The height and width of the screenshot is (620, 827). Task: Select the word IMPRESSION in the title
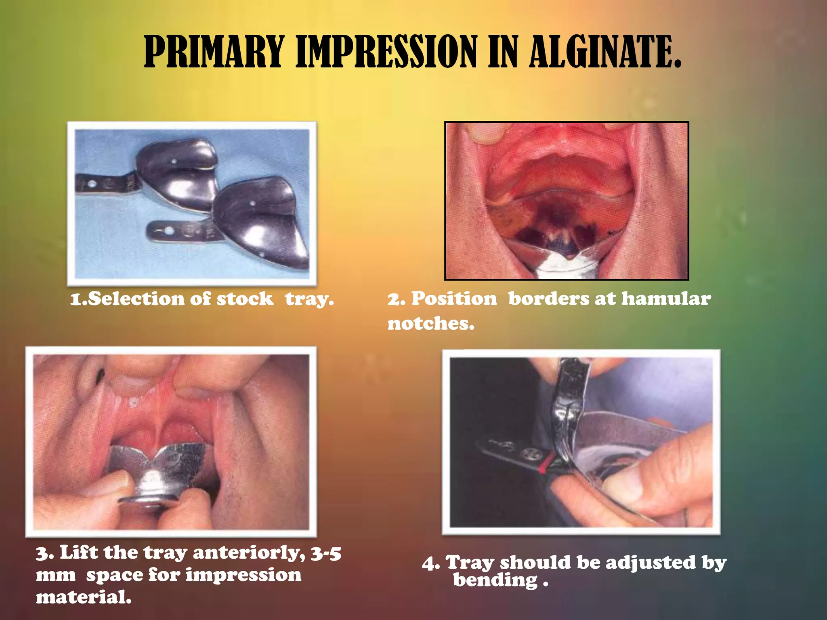pos(386,52)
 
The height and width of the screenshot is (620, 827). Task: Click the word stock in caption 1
pos(245,299)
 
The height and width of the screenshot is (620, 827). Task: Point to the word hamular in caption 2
pos(666,299)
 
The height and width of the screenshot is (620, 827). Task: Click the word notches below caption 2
pos(430,323)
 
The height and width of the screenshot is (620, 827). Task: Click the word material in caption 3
pos(83,597)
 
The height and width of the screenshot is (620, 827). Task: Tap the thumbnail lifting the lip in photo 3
pos(133,381)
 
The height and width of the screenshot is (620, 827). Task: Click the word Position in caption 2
pos(454,299)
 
